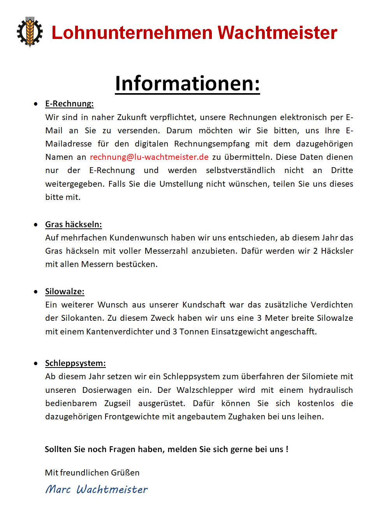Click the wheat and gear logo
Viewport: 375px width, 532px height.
pos(30,32)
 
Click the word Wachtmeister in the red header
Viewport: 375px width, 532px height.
pos(277,33)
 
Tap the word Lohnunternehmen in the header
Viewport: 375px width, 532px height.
pos(132,33)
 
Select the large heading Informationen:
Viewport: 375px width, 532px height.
pos(187,83)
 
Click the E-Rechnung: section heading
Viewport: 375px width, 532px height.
pos(69,104)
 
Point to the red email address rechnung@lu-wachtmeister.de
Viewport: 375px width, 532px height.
pos(149,157)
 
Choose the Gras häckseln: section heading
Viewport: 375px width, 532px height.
pos(73,224)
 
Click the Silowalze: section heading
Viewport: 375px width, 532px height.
pos(65,292)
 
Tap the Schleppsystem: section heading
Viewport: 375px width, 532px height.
pos(75,363)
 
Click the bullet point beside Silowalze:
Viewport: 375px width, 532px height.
pos(36,292)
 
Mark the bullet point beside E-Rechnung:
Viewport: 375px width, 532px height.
pos(36,104)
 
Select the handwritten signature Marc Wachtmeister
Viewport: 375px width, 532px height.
pos(97,489)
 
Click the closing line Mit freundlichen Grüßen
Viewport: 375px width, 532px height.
pos(92,473)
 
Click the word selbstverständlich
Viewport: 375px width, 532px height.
pos(240,170)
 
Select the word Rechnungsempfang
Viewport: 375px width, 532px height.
pos(212,144)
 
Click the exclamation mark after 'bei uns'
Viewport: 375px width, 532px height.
pos(287,449)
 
